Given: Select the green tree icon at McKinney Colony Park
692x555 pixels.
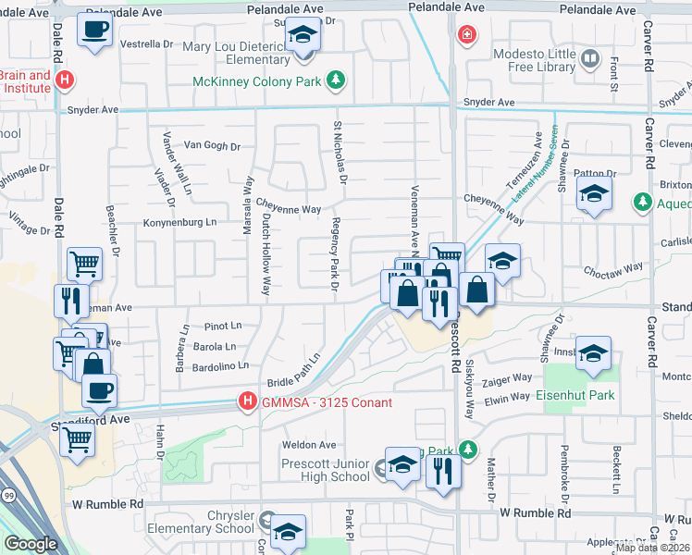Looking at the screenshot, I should [336, 81].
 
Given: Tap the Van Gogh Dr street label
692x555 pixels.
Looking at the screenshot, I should [212, 145].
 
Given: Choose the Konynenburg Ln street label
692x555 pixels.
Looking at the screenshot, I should [179, 222].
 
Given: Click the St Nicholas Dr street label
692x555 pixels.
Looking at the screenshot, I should [340, 152].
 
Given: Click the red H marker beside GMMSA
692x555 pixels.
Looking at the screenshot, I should [247, 401].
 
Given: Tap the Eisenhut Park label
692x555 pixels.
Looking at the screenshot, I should [575, 395].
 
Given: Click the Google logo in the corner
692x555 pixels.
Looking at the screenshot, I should [31, 544].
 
